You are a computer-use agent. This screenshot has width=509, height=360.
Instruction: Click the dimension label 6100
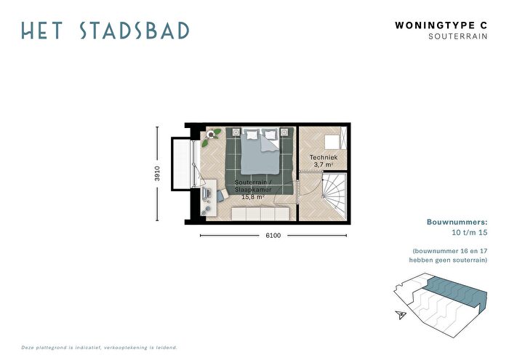pos(273,236)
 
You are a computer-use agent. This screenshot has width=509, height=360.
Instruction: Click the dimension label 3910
pos(158,173)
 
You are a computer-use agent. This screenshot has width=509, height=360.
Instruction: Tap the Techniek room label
pos(324,157)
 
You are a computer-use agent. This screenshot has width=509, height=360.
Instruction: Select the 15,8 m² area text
pos(253,196)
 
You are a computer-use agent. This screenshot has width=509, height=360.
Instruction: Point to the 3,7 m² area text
pos(324,164)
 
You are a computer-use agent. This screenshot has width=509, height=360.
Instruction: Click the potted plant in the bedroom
pos(211,137)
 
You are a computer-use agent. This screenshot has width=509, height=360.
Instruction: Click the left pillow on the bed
pos(252,135)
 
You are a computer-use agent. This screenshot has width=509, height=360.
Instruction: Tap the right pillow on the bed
pos(269,134)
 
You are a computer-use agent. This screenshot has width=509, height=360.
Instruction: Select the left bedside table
pos(236,132)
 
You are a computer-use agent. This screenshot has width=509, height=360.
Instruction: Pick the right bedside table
pos(284,132)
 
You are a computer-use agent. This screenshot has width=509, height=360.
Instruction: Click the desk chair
pos(222,196)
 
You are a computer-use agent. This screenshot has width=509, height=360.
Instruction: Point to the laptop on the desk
pos(206,194)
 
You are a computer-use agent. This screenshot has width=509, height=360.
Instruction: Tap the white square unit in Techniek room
pos(332,143)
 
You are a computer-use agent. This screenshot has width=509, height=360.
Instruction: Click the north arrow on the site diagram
pos(401,315)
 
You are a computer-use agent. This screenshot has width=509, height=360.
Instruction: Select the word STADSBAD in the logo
pos(135,31)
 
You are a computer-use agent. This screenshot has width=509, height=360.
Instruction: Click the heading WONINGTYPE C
pos(441,25)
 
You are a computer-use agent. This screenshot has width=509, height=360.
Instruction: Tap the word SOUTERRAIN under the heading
pos(458,36)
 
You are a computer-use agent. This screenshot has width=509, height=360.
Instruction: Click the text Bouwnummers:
pos(457,223)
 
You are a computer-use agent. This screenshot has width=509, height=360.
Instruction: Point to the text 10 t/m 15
pos(470,233)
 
